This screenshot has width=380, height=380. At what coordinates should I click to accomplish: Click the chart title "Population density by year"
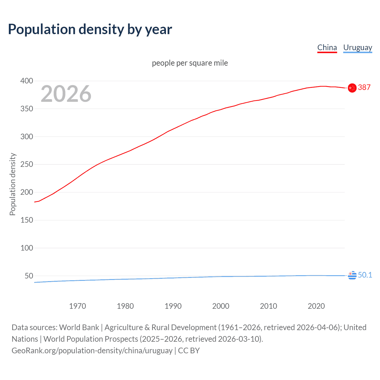tap(90, 29)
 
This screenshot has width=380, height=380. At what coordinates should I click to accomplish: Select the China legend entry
tap(327, 47)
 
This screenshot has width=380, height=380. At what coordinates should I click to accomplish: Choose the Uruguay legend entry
tap(357, 47)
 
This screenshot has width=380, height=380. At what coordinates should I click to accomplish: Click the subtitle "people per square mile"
tap(190, 63)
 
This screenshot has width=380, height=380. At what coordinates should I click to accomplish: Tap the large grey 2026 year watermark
tap(66, 94)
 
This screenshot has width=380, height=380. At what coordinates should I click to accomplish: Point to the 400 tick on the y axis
tap(27, 81)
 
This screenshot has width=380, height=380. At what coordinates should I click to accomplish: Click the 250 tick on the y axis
tap(27, 164)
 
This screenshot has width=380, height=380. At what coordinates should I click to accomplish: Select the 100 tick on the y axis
tap(27, 248)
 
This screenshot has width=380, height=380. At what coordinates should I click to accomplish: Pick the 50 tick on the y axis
tap(29, 276)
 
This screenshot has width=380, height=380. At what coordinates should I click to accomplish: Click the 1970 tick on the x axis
tap(77, 306)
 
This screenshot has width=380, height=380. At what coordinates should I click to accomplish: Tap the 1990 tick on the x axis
tap(173, 306)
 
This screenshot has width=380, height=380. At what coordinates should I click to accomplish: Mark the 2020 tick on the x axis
tap(316, 306)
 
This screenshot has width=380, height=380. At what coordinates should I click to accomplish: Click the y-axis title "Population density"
tap(12, 184)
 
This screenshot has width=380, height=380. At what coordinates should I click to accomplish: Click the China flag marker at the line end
tap(352, 88)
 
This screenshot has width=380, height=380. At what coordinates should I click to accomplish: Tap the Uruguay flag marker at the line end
tap(352, 275)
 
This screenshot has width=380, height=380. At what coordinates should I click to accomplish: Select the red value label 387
tap(364, 87)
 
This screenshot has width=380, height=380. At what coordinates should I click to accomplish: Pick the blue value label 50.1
tap(365, 275)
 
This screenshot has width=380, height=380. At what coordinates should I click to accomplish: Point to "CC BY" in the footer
tap(189, 351)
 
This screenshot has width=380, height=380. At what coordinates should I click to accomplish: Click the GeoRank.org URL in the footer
tap(92, 351)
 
